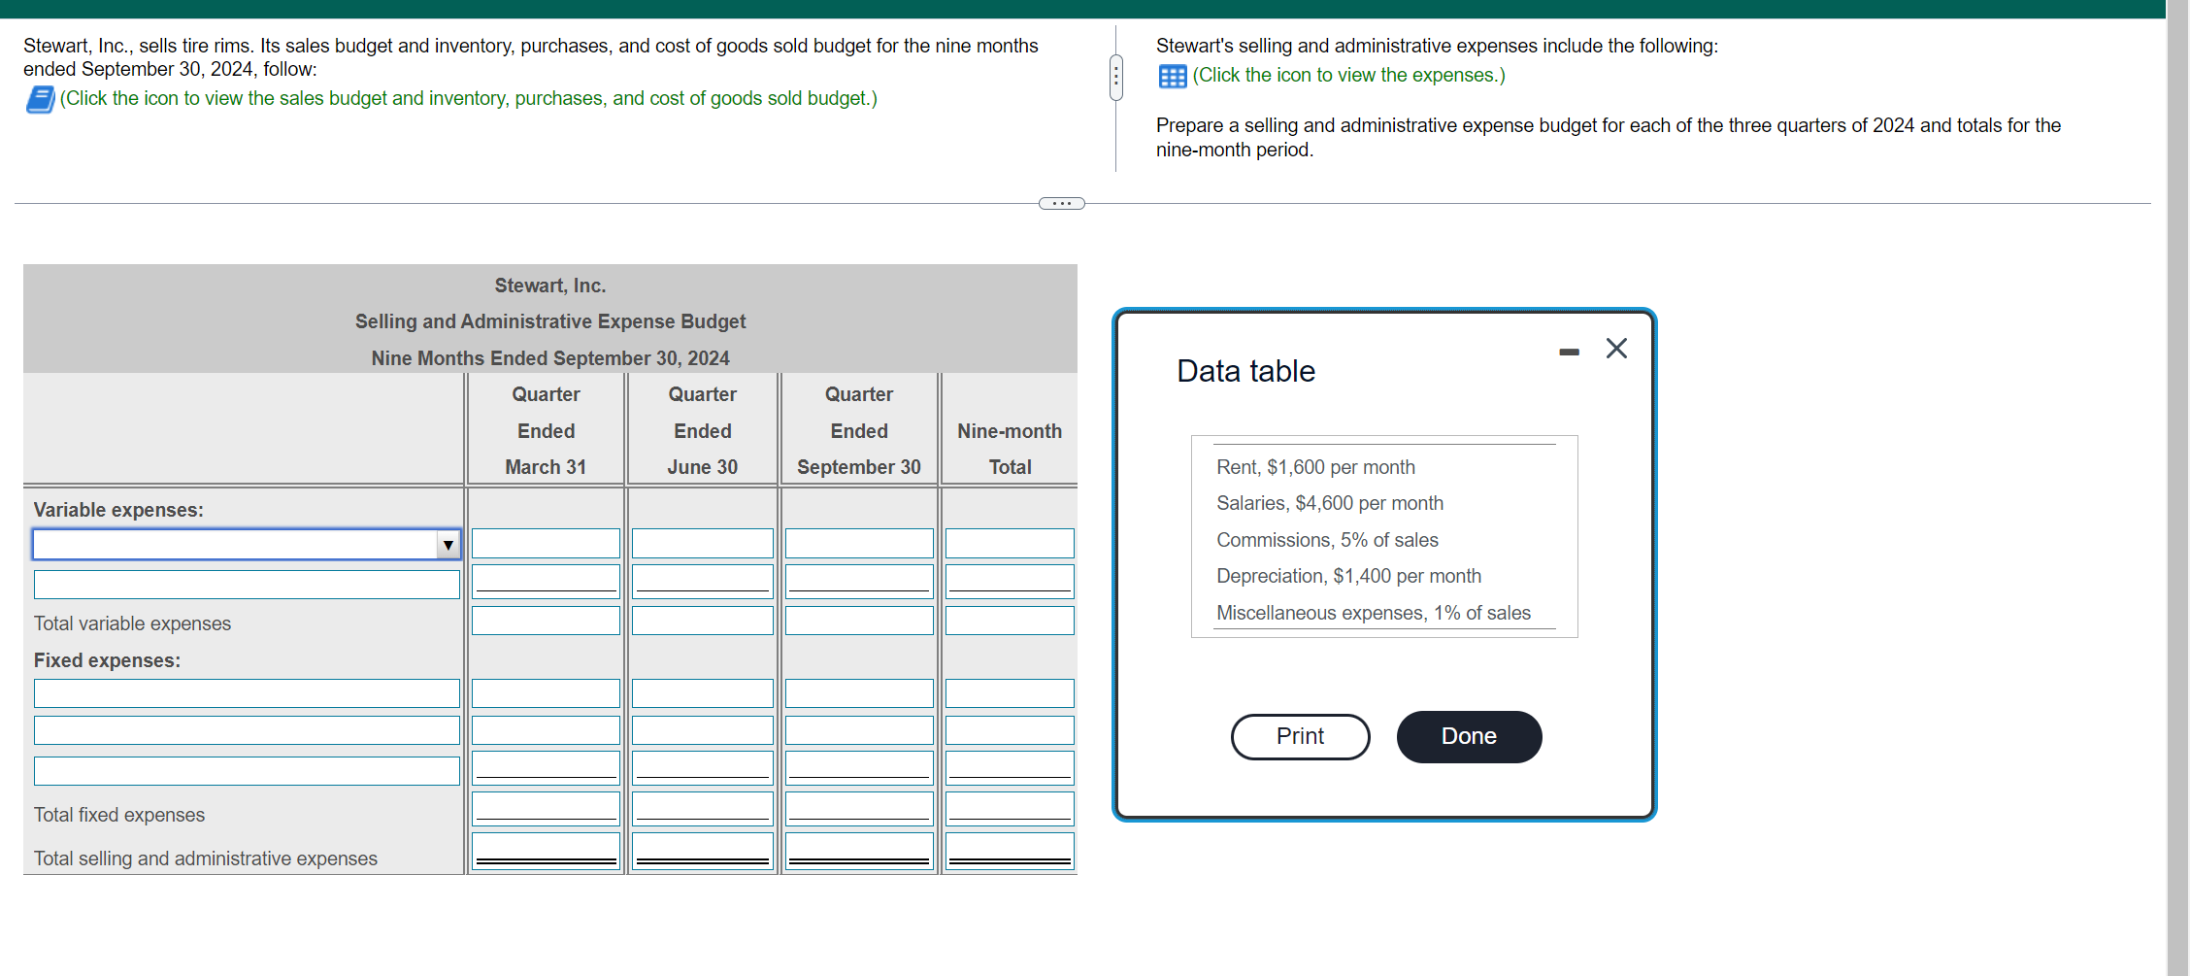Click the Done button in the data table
pos(1468,736)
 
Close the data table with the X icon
pos(1616,349)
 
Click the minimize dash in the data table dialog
pos(1569,352)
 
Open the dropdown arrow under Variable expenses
pos(448,545)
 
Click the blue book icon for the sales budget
pos(40,99)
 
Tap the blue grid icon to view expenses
pos(1172,77)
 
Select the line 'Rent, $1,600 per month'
pos(1315,467)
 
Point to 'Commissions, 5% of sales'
pos(1327,540)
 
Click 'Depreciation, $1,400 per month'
pos(1348,576)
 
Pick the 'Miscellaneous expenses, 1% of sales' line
pos(1373,613)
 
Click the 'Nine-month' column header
pos(1009,431)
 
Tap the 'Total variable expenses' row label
pos(133,623)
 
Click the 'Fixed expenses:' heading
pos(107,660)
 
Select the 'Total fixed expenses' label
pos(119,815)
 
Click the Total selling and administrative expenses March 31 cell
pos(546,850)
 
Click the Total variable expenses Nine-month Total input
pos(1009,621)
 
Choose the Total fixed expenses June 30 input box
pos(702,808)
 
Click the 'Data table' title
pos(1245,371)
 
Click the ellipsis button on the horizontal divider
pos(1061,204)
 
